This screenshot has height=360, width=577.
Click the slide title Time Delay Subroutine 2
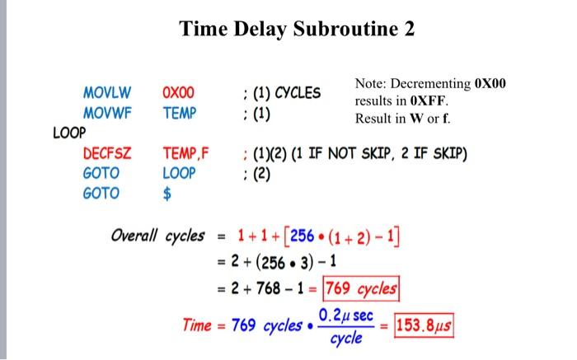(298, 30)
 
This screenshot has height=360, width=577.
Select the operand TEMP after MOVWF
(180, 112)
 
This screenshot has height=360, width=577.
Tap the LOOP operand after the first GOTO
(180, 173)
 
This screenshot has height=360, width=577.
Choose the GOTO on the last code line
(101, 194)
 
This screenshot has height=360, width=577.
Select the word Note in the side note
(369, 85)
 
